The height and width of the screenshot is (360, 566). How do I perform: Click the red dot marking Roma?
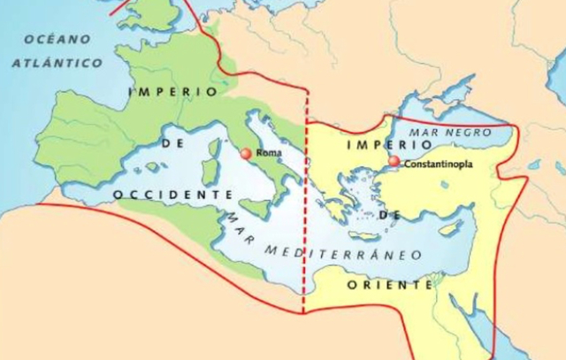[x=246, y=154]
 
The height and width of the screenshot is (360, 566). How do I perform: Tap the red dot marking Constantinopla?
[x=394, y=162]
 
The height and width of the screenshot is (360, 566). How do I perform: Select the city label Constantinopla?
[x=438, y=164]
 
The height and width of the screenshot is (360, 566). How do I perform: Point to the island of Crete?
[x=363, y=235]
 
